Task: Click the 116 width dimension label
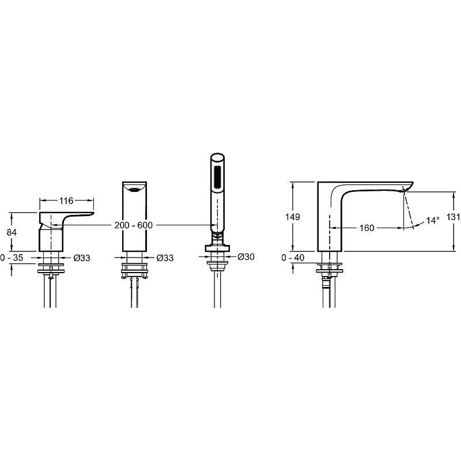coord(66,201)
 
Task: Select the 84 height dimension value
coord(12,232)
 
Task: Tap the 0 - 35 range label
coord(12,258)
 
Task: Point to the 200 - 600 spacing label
coord(134,225)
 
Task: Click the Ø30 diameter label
coord(246,256)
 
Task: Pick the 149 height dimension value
coord(293,217)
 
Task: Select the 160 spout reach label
coord(366,228)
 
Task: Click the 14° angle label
coord(433,221)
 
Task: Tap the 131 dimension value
coord(454,217)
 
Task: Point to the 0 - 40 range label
coord(293,258)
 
